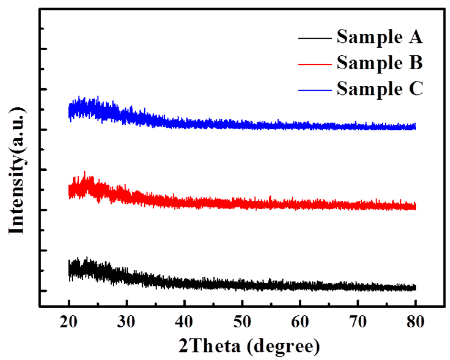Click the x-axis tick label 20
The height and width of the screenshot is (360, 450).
point(69,321)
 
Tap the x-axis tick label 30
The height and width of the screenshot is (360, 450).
point(126,321)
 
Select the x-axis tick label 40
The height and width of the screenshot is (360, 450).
point(184,321)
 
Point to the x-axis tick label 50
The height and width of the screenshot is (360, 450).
point(242,321)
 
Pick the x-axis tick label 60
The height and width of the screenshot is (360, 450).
point(300,321)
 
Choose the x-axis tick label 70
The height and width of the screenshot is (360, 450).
point(358,321)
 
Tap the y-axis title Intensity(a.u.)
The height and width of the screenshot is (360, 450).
point(17,170)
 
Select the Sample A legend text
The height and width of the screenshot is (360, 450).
point(379,37)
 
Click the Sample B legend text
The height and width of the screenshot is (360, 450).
point(379,63)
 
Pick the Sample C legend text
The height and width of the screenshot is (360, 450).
point(380,89)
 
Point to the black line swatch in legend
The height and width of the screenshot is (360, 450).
point(315,38)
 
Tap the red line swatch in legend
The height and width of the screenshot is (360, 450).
point(315,64)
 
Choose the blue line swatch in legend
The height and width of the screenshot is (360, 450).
point(315,90)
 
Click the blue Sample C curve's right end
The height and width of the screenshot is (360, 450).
point(415,127)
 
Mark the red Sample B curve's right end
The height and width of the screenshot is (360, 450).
point(415,207)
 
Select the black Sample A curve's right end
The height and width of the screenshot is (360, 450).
point(415,288)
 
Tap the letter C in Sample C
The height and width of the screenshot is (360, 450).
point(416,89)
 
